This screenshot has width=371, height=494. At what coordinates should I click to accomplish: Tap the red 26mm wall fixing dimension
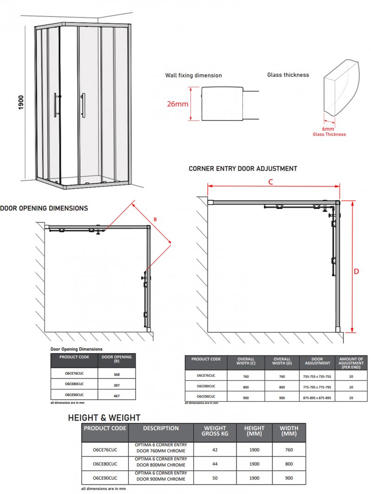pyautogui.click(x=178, y=104)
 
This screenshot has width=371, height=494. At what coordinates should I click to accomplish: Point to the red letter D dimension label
pyautogui.click(x=356, y=272)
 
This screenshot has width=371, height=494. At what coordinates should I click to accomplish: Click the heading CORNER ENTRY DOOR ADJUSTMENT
pyautogui.click(x=243, y=169)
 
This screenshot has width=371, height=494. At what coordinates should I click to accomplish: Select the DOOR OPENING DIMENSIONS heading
pyautogui.click(x=44, y=209)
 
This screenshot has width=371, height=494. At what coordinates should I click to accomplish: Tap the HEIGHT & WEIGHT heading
pyautogui.click(x=104, y=418)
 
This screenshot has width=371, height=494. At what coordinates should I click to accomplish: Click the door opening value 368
pyautogui.click(x=117, y=374)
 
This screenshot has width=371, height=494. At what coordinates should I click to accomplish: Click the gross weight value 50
pyautogui.click(x=215, y=477)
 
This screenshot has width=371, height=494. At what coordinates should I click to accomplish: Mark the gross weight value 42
pyautogui.click(x=215, y=450)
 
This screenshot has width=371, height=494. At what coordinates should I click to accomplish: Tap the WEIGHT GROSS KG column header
pyautogui.click(x=215, y=431)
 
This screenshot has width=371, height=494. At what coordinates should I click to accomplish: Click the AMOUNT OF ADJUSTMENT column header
pyautogui.click(x=351, y=362)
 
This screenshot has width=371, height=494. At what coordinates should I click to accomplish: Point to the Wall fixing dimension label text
pyautogui.click(x=194, y=75)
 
